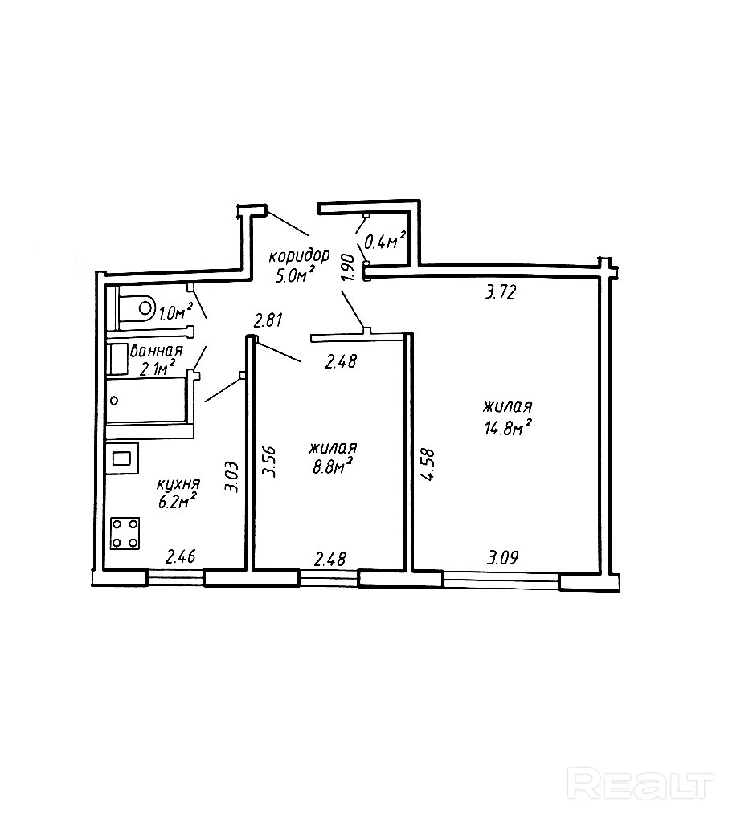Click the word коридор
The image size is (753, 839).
point(298,257)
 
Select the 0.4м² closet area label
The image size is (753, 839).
point(383,240)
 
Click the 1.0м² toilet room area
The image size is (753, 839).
point(175,312)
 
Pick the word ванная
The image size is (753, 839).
point(157,351)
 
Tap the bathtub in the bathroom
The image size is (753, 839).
point(149,399)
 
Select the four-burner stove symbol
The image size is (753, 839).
point(125,532)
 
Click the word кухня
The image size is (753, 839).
point(178,484)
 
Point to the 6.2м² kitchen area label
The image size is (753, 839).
point(177,503)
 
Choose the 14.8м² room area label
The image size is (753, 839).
point(509,427)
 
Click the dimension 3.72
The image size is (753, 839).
point(499,293)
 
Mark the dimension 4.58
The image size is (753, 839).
point(428,464)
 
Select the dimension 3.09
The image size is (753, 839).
point(502,557)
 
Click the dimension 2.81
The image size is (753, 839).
point(268,322)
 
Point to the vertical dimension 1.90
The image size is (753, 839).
point(347,267)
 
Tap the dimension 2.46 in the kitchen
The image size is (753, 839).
point(182,556)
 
